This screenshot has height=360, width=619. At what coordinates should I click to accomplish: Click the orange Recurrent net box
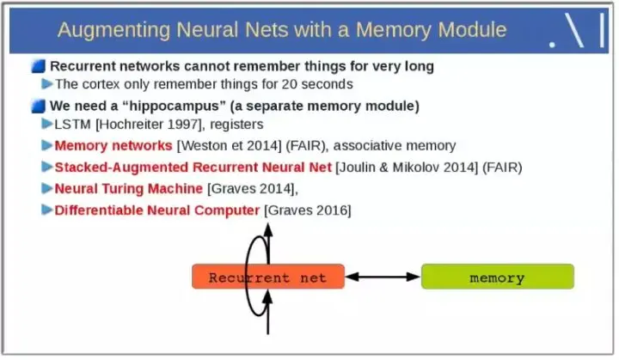pos(267,277)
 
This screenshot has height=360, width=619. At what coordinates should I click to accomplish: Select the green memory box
pos(497,277)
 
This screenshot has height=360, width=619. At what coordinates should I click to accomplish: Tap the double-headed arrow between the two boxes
pos(383,277)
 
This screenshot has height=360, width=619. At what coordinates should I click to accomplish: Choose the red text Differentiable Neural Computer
pos(156,210)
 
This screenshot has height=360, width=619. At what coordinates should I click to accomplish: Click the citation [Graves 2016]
pos(308,210)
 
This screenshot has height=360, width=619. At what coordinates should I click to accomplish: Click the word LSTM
pos(72,125)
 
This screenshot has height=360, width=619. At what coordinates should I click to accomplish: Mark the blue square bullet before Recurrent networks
pos(39,66)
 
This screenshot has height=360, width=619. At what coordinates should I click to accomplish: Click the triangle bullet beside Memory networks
pos(47,145)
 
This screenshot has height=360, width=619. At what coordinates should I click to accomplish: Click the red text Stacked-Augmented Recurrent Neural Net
pos(193,167)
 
